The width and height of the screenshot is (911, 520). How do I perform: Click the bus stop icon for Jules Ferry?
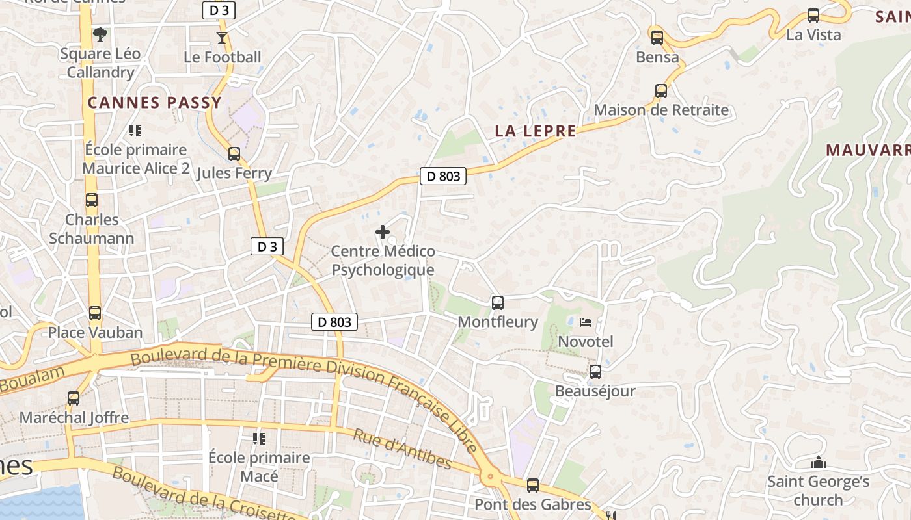[234, 154]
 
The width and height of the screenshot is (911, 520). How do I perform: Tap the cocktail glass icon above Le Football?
[222, 37]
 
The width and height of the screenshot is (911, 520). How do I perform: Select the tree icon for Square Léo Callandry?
[100, 34]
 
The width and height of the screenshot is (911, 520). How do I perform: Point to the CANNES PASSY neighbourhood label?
[155, 103]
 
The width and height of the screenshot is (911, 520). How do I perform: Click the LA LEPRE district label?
[536, 131]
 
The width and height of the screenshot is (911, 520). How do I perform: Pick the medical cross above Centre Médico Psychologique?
[383, 231]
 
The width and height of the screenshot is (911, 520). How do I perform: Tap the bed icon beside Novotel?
[586, 322]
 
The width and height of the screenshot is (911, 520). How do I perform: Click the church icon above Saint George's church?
[818, 463]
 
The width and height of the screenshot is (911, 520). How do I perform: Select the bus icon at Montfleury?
[498, 302]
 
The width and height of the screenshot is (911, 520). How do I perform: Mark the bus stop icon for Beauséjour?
[595, 372]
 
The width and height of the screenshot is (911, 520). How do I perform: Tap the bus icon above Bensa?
[657, 37]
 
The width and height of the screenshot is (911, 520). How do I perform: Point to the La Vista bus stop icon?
[813, 16]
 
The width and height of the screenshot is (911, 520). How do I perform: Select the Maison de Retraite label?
[661, 110]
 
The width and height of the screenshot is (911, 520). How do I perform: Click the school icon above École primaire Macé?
[259, 439]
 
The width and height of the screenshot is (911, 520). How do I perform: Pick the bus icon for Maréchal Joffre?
[74, 398]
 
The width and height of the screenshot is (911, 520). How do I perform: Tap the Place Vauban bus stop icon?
[95, 313]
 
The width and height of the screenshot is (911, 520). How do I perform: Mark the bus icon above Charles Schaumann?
[92, 200]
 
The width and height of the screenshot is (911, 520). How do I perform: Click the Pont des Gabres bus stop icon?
[533, 485]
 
